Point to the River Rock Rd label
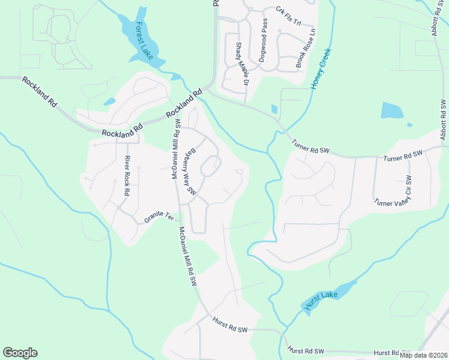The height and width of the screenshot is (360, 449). [x=127, y=176]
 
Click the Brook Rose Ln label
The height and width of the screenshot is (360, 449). [x=305, y=47]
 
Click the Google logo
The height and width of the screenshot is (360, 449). [x=20, y=353]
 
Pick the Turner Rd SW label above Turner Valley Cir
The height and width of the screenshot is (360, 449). [x=403, y=156]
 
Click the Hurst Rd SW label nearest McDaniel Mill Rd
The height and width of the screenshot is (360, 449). [x=230, y=326]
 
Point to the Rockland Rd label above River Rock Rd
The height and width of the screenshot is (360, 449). [x=122, y=134]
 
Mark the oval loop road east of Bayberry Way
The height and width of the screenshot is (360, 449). [x=210, y=166]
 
